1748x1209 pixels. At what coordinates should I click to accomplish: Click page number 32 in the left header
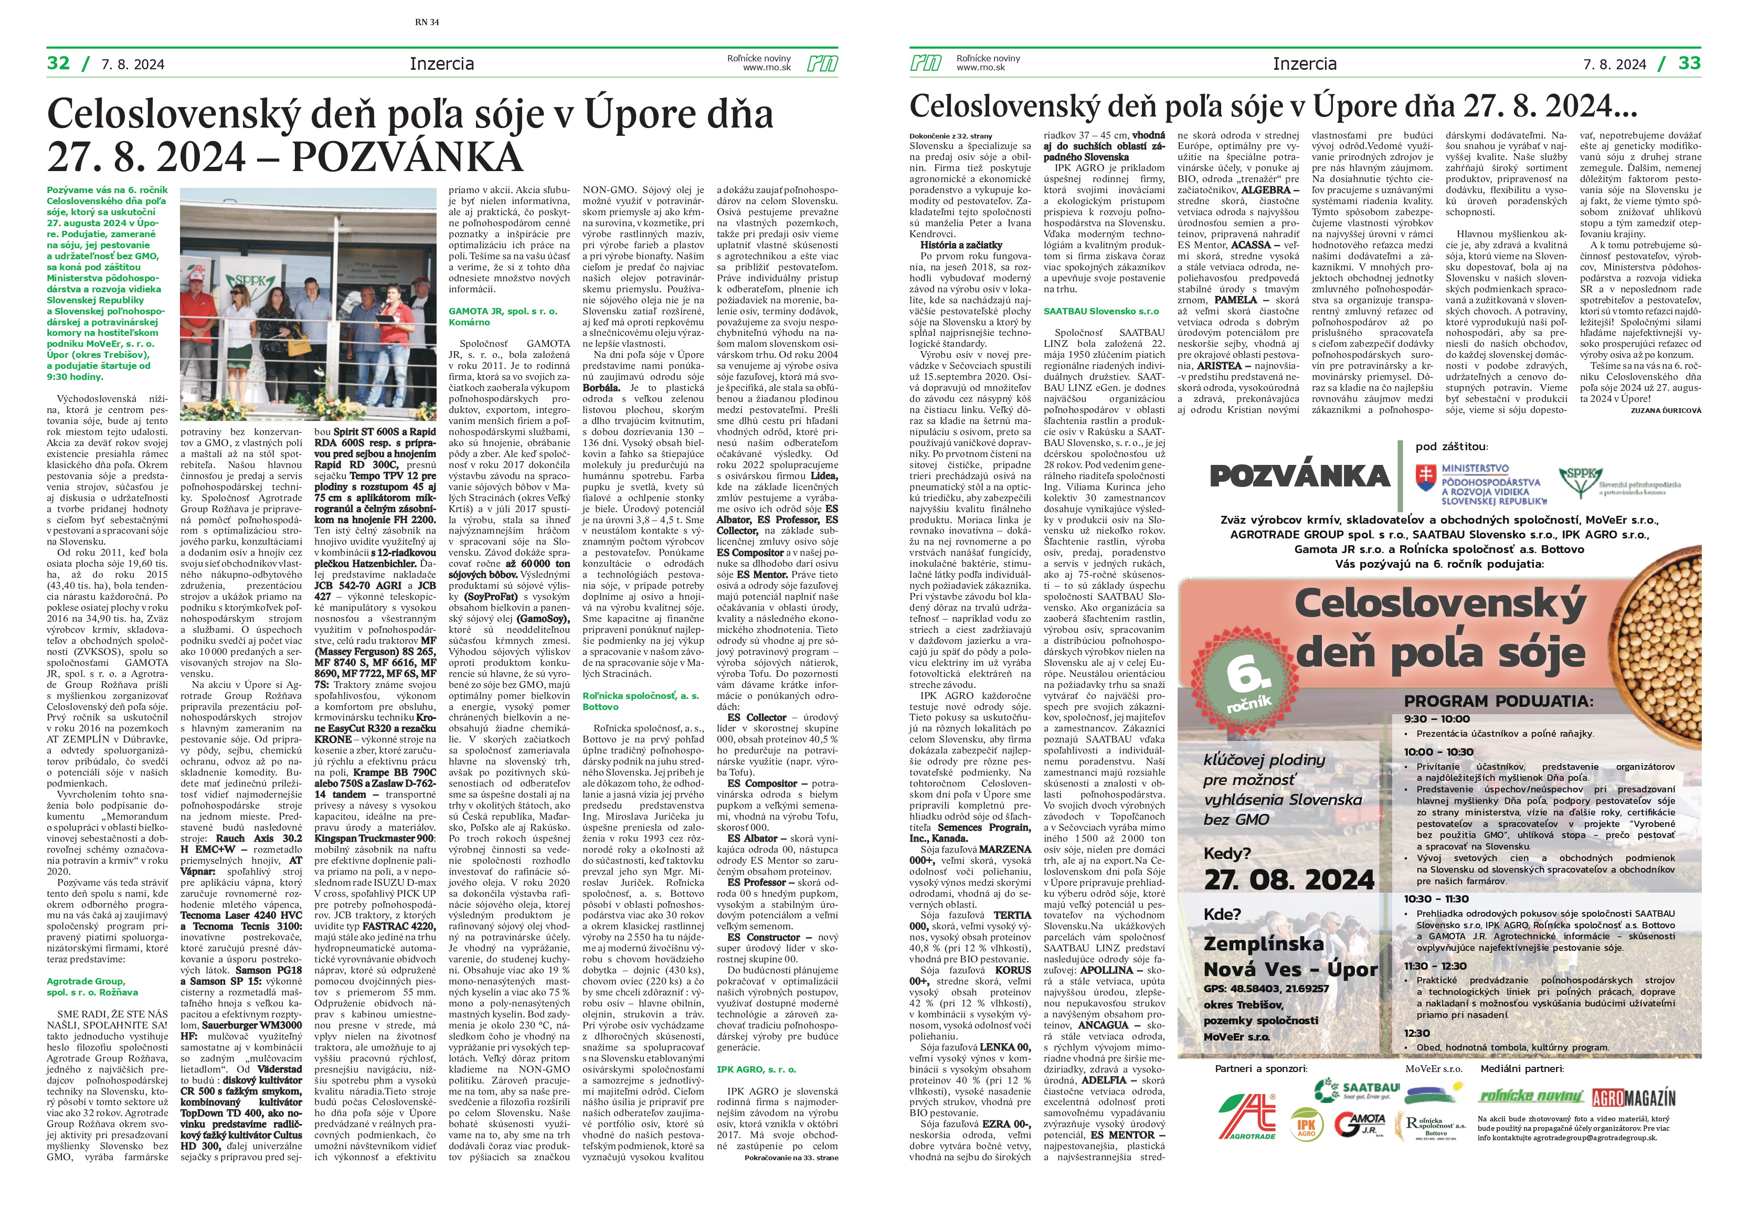click(x=58, y=63)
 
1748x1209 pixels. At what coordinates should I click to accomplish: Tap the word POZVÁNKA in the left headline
click(x=407, y=157)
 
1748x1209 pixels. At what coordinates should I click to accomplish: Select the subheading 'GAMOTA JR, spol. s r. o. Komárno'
click(x=503, y=316)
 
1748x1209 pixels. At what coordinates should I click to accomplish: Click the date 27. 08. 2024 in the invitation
click(x=1288, y=879)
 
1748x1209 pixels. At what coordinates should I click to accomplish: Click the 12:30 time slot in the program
click(x=1416, y=1033)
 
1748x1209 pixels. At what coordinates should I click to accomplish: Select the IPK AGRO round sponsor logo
click(x=1307, y=1126)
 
